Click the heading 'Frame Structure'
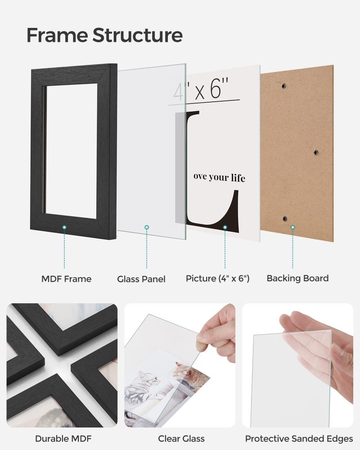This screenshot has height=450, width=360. tap(104, 35)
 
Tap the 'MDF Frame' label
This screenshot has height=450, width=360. tap(66, 279)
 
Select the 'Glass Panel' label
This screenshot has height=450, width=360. tap(141, 279)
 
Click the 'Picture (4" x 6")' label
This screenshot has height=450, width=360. tap(217, 279)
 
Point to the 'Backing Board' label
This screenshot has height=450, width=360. tap(297, 278)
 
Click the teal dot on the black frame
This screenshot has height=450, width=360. tap(64, 228)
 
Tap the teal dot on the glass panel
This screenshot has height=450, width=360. tap(146, 228)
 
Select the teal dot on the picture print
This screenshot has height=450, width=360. tap(225, 228)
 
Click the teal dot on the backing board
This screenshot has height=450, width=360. tap(292, 228)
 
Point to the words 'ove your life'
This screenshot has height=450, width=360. tap(219, 177)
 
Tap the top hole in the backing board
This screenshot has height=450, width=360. tap(283, 85)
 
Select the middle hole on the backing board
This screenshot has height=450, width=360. tap(315, 152)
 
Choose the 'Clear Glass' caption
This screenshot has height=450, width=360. tap(181, 438)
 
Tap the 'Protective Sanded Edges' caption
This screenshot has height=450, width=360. tap(299, 438)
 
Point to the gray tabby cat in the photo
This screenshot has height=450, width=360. tap(148, 382)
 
